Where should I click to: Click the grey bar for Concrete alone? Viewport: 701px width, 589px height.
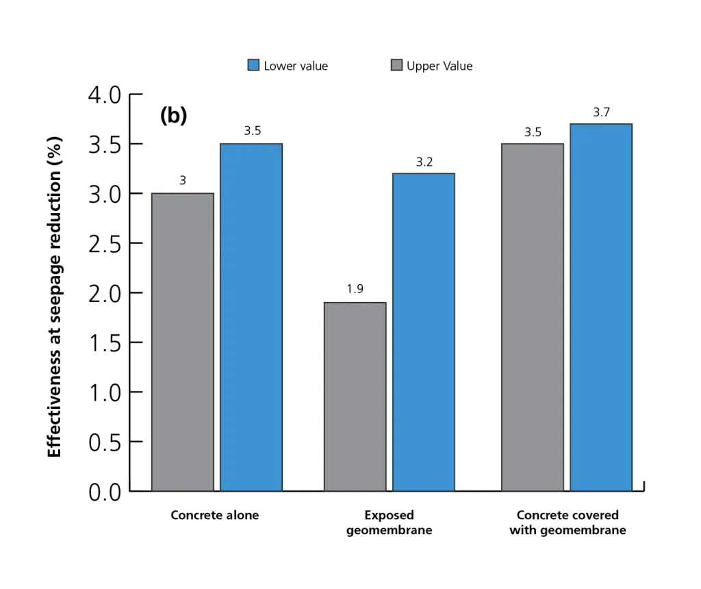pos(183,342)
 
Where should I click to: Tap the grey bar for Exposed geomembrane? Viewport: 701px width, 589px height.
pos(355,397)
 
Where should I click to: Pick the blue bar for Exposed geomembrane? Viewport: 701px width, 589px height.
pos(423,332)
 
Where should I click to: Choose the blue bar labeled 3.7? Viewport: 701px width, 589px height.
pos(600,308)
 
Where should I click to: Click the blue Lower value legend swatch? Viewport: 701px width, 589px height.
pos(253,66)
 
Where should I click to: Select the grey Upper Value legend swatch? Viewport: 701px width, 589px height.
pos(396,66)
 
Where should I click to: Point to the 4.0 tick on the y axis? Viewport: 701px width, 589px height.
pos(105,95)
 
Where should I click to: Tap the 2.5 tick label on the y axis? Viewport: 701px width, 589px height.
pos(105,243)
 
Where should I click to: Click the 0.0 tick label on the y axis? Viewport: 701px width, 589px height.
pos(105,491)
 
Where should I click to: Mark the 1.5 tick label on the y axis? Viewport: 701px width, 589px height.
pos(105,342)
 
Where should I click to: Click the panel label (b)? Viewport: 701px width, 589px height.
pos(173,116)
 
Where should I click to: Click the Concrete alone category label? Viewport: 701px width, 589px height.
pos(215,515)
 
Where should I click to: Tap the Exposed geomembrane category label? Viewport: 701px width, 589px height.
pos(389,523)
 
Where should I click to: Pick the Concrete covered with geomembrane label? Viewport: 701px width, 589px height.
pos(568,523)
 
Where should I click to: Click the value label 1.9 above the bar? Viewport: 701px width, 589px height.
pos(355,289)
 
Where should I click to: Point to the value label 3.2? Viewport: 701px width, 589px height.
pos(424,162)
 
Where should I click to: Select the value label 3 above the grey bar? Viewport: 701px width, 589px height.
pos(183,181)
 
